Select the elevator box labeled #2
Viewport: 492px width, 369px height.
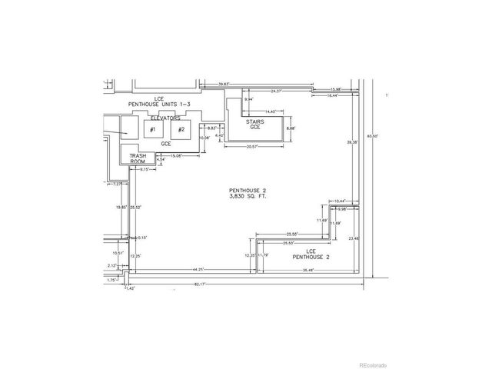point(181,130)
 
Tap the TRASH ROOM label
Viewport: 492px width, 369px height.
point(138,158)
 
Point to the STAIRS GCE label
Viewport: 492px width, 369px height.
point(255,125)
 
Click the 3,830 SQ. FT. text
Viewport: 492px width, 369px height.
point(245,197)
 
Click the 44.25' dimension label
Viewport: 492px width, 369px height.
point(198,269)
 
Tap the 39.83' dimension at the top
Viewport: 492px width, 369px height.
point(225,84)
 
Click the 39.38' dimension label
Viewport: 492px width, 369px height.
point(352,142)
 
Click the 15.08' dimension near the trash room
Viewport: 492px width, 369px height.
point(176,156)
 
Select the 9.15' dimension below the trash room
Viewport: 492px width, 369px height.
point(145,170)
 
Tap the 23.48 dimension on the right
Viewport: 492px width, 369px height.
point(354,238)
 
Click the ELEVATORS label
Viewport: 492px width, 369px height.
point(165,118)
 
